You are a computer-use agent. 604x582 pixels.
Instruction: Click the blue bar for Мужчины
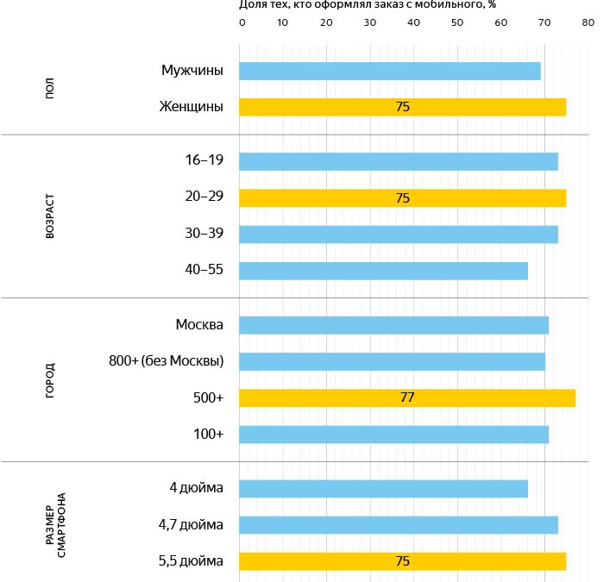390,71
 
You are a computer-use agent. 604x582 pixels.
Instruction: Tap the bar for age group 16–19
399,161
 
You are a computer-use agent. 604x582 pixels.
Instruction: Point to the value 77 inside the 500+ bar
407,398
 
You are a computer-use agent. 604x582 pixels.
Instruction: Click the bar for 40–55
383,271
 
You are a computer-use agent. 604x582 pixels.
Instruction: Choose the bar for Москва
393,325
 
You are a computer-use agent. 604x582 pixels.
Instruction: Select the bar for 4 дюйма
383,489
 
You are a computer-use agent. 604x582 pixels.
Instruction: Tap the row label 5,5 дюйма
191,561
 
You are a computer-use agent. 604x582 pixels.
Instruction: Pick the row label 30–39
204,234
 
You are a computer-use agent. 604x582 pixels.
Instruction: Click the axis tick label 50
456,22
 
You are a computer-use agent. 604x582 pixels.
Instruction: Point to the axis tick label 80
586,22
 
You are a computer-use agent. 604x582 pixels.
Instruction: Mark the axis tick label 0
242,22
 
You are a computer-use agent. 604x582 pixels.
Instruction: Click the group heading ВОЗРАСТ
51,216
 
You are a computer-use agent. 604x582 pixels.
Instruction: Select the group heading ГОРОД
51,379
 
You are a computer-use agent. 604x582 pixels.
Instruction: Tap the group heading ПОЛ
51,89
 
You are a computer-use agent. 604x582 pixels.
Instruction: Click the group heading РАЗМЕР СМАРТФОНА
56,525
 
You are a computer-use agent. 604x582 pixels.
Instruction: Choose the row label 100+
208,435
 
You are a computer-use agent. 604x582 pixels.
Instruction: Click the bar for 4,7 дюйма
399,525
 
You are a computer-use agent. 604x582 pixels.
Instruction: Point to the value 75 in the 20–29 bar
402,197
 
